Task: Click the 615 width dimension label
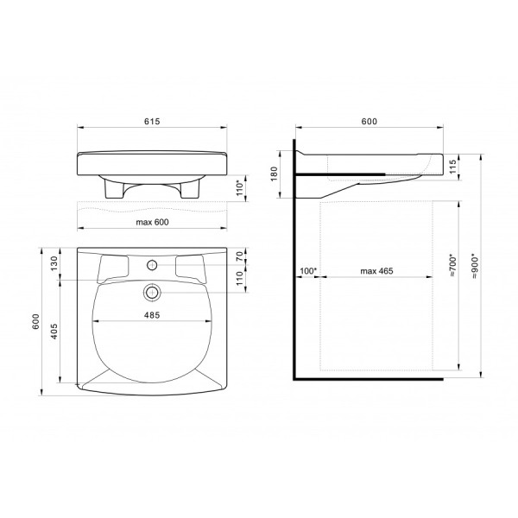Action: pos(152,123)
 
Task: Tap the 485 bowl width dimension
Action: pos(152,315)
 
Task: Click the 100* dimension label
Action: pos(307,272)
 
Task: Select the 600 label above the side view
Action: pos(369,123)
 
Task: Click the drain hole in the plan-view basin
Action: pos(152,291)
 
